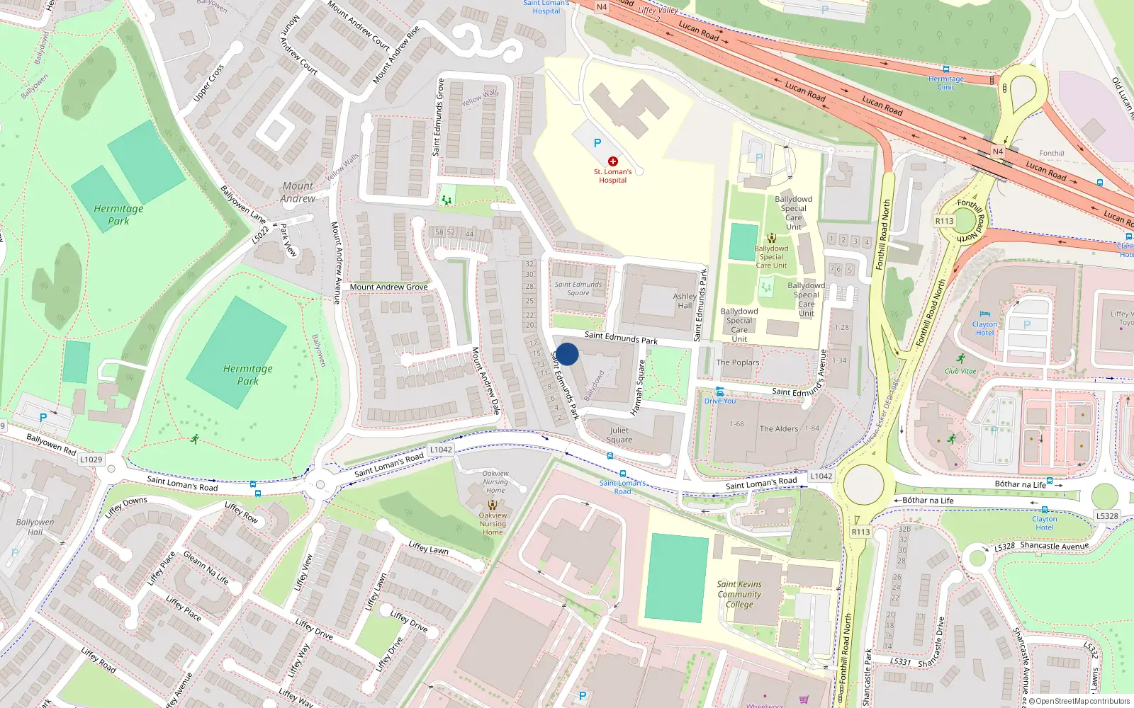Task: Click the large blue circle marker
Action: (x=567, y=354)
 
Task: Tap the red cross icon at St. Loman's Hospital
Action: (x=613, y=161)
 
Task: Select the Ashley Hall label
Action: (x=685, y=301)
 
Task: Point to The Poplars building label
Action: (x=737, y=362)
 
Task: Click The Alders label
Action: (x=779, y=428)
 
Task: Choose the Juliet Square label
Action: (x=619, y=435)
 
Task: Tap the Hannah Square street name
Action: (x=638, y=388)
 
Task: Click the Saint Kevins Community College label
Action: (x=739, y=594)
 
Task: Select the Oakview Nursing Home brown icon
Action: (x=493, y=506)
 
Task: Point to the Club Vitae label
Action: (x=960, y=371)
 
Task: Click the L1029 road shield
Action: (x=91, y=459)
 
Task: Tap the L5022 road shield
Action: (x=260, y=235)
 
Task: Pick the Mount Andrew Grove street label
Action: (x=388, y=287)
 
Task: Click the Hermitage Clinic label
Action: (x=946, y=83)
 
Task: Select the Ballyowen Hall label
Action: (x=35, y=527)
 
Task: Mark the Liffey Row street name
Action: (x=242, y=512)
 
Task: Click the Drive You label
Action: (x=720, y=401)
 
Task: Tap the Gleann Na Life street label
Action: (x=206, y=568)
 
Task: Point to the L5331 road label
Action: (x=900, y=662)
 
